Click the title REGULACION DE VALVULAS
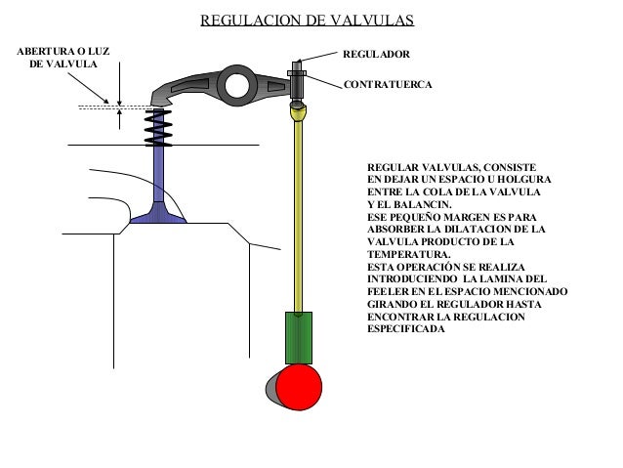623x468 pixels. (x=307, y=21)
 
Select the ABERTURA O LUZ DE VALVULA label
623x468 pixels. (x=59, y=56)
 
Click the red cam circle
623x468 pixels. (x=299, y=388)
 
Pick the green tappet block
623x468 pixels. (x=299, y=338)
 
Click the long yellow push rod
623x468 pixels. (x=299, y=215)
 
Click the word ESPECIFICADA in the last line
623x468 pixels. (x=405, y=329)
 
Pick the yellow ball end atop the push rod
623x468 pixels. (x=299, y=113)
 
